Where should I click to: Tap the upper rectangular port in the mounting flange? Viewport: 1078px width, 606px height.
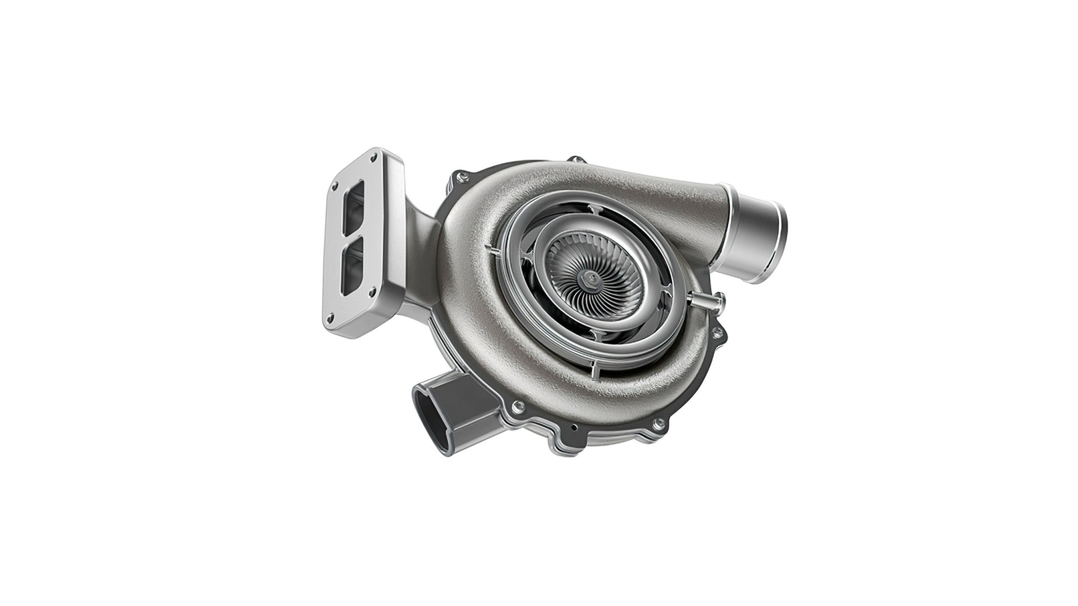tap(356, 205)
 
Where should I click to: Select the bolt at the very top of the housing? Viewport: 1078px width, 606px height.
tap(572, 163)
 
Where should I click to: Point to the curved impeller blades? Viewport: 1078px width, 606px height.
tap(573, 269)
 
